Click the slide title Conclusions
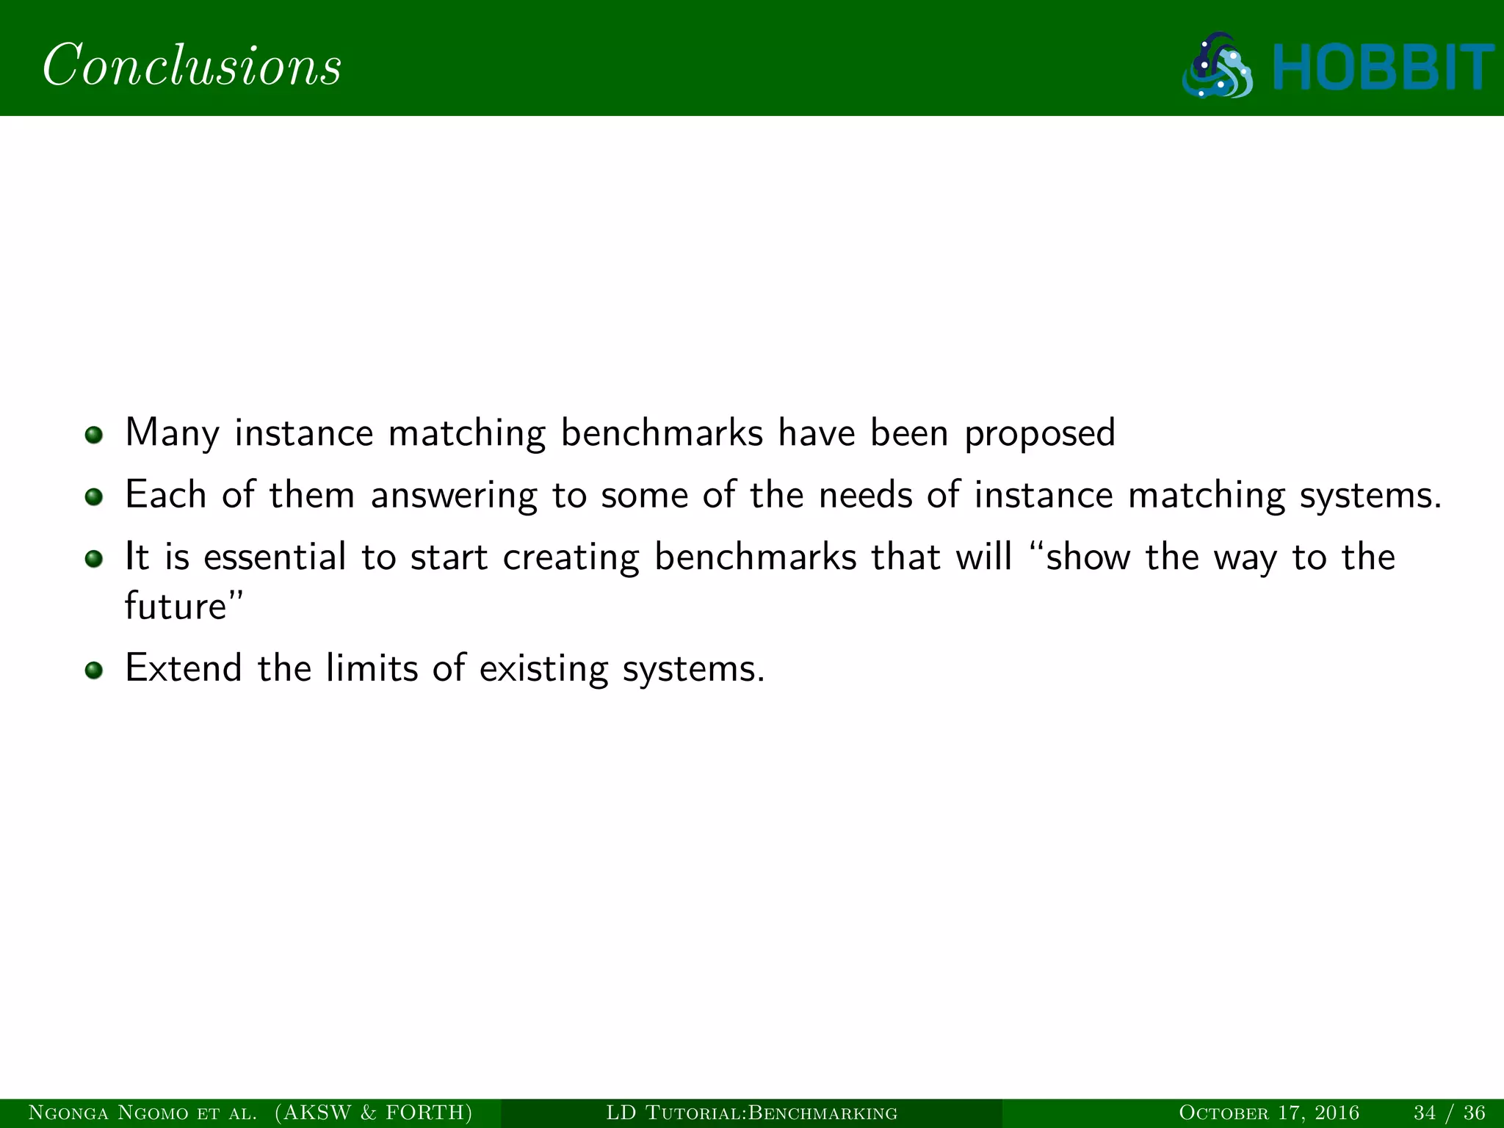192,66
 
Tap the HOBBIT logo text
1384,68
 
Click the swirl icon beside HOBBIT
1218,66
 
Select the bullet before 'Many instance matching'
93,435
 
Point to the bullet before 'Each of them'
93,497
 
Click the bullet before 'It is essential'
93,560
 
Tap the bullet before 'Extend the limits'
93,670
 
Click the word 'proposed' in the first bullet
1039,433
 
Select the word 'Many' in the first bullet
171,433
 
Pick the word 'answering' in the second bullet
454,496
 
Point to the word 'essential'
275,557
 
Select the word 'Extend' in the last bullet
184,668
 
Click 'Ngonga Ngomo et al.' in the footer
142,1113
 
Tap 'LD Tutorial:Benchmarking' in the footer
751,1113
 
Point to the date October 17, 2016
1268,1113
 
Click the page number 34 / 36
1449,1113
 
